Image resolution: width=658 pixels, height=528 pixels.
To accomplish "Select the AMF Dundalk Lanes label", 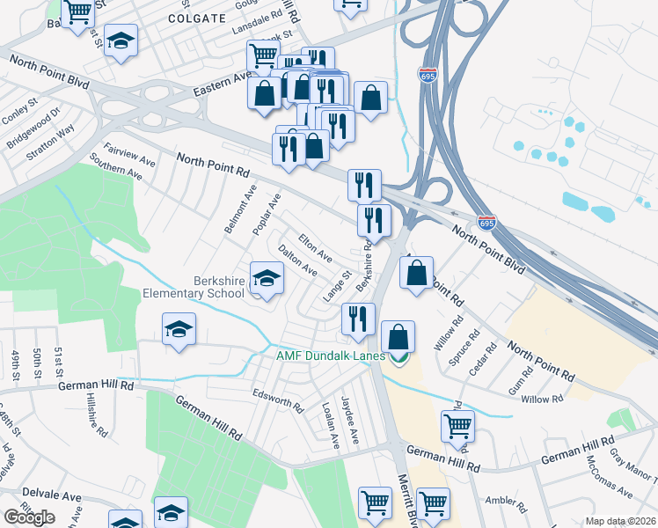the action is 331,356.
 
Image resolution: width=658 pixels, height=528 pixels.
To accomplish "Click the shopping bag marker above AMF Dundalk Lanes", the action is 398,336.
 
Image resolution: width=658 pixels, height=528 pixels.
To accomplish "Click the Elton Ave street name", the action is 315,247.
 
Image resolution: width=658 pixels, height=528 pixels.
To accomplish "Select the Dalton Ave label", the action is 297,261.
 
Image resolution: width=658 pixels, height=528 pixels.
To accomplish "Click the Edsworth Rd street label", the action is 277,401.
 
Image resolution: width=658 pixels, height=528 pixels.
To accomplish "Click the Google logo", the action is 29,517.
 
